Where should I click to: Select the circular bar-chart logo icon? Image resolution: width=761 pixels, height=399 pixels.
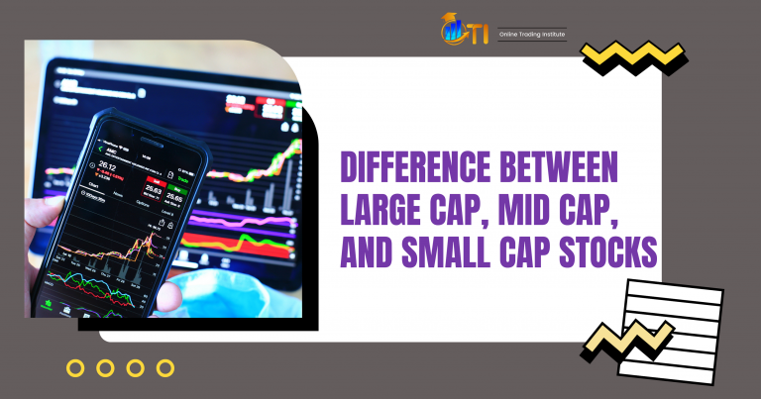(x=455, y=30)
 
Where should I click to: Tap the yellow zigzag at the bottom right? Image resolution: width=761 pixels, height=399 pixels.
(x=626, y=343)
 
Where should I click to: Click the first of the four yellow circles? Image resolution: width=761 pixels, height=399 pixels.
(x=75, y=368)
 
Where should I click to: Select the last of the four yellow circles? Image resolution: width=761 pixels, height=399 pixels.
(x=165, y=368)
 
